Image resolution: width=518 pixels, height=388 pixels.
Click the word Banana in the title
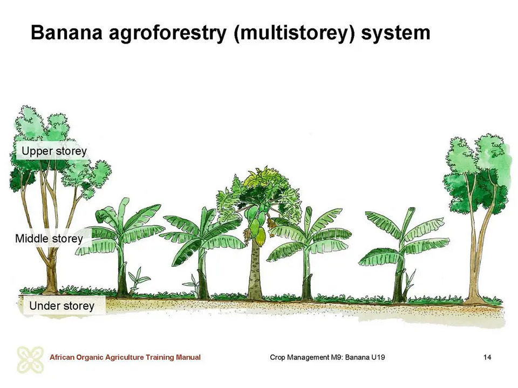(x=66, y=33)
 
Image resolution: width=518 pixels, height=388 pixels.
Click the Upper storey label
(x=54, y=151)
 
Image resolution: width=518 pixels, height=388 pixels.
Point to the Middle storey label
(x=49, y=239)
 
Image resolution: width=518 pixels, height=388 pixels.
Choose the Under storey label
(x=62, y=306)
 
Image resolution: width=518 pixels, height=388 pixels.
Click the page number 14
(x=487, y=357)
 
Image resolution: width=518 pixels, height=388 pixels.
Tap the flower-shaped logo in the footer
(x=30, y=359)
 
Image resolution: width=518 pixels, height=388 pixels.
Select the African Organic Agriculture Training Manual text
(x=125, y=357)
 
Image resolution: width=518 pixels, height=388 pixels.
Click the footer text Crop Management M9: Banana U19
(x=327, y=357)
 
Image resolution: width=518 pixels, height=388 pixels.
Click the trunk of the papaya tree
(x=255, y=271)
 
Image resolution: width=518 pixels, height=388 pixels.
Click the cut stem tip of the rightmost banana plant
(x=411, y=210)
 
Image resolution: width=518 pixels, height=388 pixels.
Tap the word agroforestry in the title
(x=167, y=33)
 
